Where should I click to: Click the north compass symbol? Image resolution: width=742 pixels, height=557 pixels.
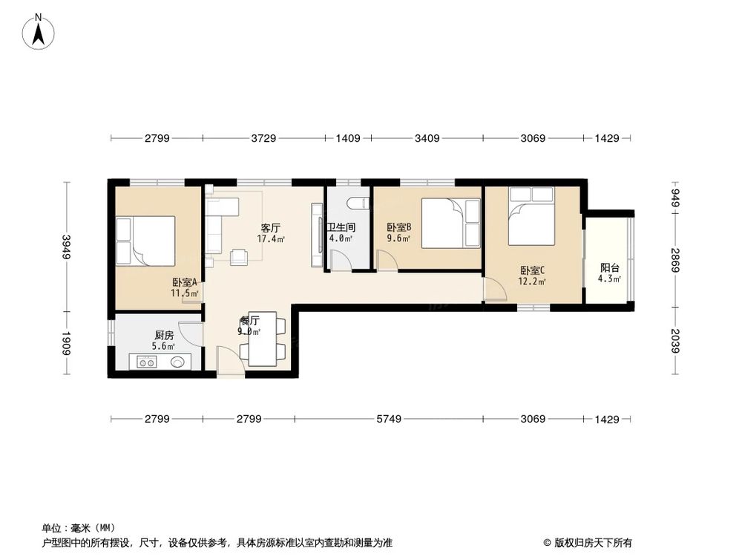tap(38, 32)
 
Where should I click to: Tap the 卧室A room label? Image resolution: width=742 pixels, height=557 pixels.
tap(185, 287)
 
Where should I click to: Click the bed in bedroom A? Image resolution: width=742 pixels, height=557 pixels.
tap(145, 241)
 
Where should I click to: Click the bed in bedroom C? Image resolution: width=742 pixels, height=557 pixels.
tap(531, 217)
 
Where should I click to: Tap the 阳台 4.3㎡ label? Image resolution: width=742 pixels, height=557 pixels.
tap(610, 274)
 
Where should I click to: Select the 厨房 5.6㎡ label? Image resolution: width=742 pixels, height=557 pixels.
tap(164, 340)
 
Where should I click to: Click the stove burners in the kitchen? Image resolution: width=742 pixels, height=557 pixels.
tap(145, 362)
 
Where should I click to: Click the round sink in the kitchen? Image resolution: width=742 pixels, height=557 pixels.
tap(178, 362)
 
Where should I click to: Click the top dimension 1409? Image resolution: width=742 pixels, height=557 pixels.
tap(348, 138)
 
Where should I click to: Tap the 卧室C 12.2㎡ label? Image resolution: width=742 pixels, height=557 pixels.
tap(533, 276)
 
